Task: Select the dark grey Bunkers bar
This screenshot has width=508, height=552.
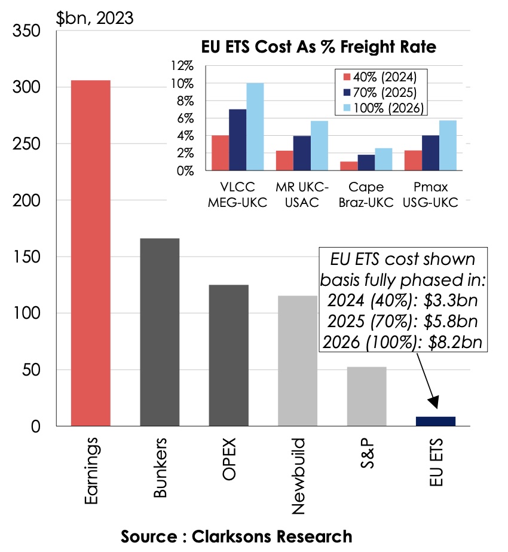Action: (160, 332)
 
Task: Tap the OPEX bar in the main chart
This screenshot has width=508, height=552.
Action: (229, 355)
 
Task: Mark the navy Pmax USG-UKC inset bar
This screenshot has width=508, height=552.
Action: (430, 153)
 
